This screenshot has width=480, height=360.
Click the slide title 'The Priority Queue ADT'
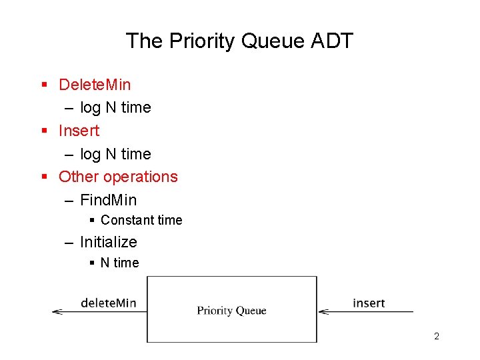[239, 41]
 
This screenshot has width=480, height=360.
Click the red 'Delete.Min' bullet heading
[95, 85]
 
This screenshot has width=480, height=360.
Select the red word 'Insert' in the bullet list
[79, 131]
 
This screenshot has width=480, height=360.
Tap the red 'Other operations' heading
[118, 177]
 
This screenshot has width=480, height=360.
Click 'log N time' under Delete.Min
[115, 107]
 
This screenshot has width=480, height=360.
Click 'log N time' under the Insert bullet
[115, 154]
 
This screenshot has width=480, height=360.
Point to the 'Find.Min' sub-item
[108, 200]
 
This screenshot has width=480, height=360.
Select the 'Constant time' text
[141, 220]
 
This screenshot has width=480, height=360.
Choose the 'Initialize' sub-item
[108, 242]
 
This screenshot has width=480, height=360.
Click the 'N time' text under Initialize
[119, 263]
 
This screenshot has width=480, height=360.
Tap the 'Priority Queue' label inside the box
[231, 311]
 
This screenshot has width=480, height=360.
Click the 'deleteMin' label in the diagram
[108, 303]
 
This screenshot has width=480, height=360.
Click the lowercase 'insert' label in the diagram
[369, 303]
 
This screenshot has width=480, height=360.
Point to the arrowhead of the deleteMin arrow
[56, 311]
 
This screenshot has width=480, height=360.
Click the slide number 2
[437, 336]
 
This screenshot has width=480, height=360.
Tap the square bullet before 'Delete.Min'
[44, 85]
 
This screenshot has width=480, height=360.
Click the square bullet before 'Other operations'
[44, 177]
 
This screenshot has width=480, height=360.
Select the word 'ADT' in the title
[331, 41]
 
